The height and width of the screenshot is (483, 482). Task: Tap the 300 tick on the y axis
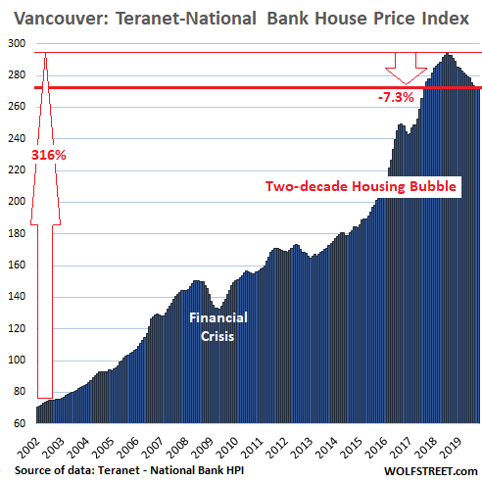click(x=17, y=43)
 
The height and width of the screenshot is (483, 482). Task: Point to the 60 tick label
click(x=20, y=423)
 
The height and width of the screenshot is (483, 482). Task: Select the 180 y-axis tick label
click(x=17, y=233)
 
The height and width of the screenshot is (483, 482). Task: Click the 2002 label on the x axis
click(x=29, y=448)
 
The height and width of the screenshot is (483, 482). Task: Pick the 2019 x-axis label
click(x=451, y=448)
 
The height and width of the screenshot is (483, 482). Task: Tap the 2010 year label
click(x=227, y=448)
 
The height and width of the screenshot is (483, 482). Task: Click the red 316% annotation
click(x=49, y=155)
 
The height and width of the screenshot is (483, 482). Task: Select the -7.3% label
click(x=396, y=97)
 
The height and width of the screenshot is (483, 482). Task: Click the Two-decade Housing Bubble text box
click(x=361, y=186)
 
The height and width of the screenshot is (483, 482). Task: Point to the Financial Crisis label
click(x=218, y=327)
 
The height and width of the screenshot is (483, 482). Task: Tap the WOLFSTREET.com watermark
click(x=431, y=471)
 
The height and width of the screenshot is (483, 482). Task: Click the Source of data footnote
click(x=129, y=470)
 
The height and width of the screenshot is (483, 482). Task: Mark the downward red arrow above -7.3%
click(x=406, y=69)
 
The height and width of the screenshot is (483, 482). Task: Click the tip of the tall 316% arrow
click(x=45, y=53)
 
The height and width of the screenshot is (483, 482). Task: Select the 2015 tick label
click(x=352, y=448)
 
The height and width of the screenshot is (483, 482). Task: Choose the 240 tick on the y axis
click(x=17, y=138)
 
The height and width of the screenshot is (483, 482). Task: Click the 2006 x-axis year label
click(x=128, y=448)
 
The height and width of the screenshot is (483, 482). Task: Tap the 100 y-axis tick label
click(x=17, y=360)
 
